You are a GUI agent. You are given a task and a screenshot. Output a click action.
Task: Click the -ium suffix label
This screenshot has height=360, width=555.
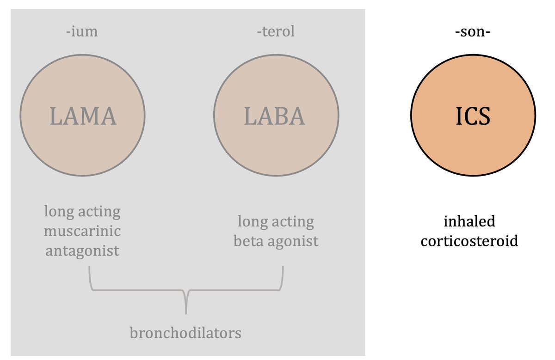(x=82, y=32)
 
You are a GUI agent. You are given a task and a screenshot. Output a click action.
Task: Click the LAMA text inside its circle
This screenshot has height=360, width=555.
(x=83, y=116)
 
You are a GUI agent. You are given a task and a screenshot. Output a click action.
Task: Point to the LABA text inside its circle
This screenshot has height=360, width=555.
(x=275, y=116)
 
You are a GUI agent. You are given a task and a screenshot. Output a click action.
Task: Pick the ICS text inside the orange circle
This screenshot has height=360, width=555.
(x=472, y=116)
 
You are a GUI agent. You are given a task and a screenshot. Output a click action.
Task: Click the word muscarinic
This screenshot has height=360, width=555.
(x=82, y=231)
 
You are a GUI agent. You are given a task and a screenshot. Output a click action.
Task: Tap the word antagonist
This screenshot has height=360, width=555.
(x=82, y=250)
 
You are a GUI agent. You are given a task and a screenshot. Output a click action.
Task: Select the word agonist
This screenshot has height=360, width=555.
(x=292, y=241)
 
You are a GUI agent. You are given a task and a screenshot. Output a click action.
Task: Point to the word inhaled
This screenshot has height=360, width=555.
(x=469, y=221)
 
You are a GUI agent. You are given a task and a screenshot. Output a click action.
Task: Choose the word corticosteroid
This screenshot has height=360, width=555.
(x=469, y=241)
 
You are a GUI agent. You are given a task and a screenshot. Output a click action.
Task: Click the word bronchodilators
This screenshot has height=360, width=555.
(x=185, y=333)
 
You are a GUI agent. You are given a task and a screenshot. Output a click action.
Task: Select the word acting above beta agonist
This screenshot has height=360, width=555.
(x=293, y=222)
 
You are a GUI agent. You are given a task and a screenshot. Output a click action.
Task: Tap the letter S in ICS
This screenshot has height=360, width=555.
(x=484, y=116)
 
